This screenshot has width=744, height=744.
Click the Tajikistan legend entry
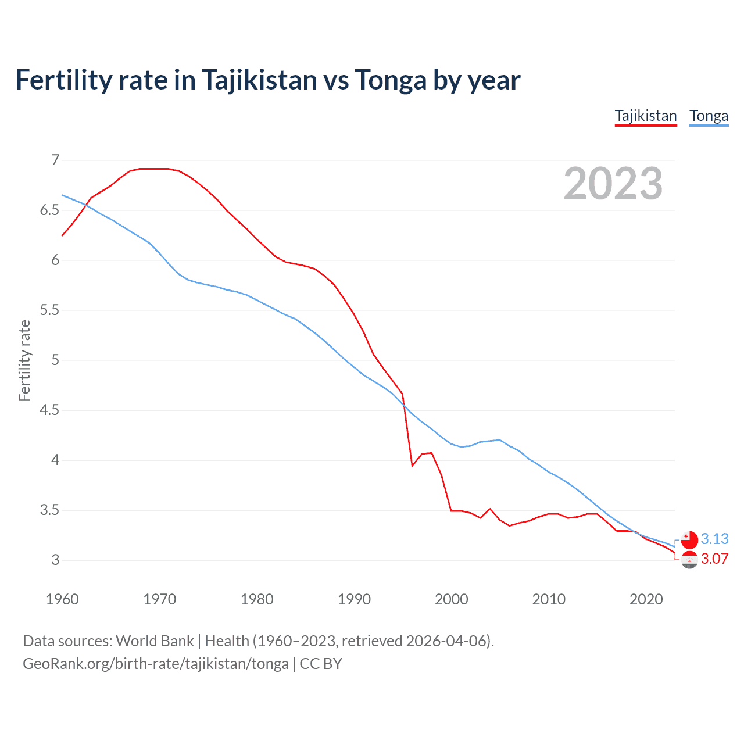[646, 116]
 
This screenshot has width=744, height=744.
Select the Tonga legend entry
[709, 116]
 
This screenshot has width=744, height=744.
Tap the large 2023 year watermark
[613, 184]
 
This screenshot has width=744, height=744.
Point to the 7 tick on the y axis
[55, 160]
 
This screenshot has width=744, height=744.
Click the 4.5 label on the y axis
[49, 410]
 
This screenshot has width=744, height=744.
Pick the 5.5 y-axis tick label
[49, 310]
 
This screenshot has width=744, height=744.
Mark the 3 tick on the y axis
[55, 560]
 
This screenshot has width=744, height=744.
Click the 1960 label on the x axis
[62, 599]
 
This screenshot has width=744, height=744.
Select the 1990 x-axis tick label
[354, 599]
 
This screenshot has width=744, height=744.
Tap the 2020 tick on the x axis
[646, 599]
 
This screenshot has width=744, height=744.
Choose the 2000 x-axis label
[451, 599]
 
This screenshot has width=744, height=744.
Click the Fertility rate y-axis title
[24, 360]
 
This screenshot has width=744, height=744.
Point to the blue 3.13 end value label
[714, 539]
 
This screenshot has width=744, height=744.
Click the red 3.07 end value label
[714, 559]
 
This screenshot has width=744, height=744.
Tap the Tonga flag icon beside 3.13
[689, 540]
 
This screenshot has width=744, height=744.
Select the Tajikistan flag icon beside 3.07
[689, 560]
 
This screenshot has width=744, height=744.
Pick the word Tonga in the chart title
[391, 80]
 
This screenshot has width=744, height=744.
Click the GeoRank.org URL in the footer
[156, 664]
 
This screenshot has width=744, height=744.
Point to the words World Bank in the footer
[155, 641]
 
